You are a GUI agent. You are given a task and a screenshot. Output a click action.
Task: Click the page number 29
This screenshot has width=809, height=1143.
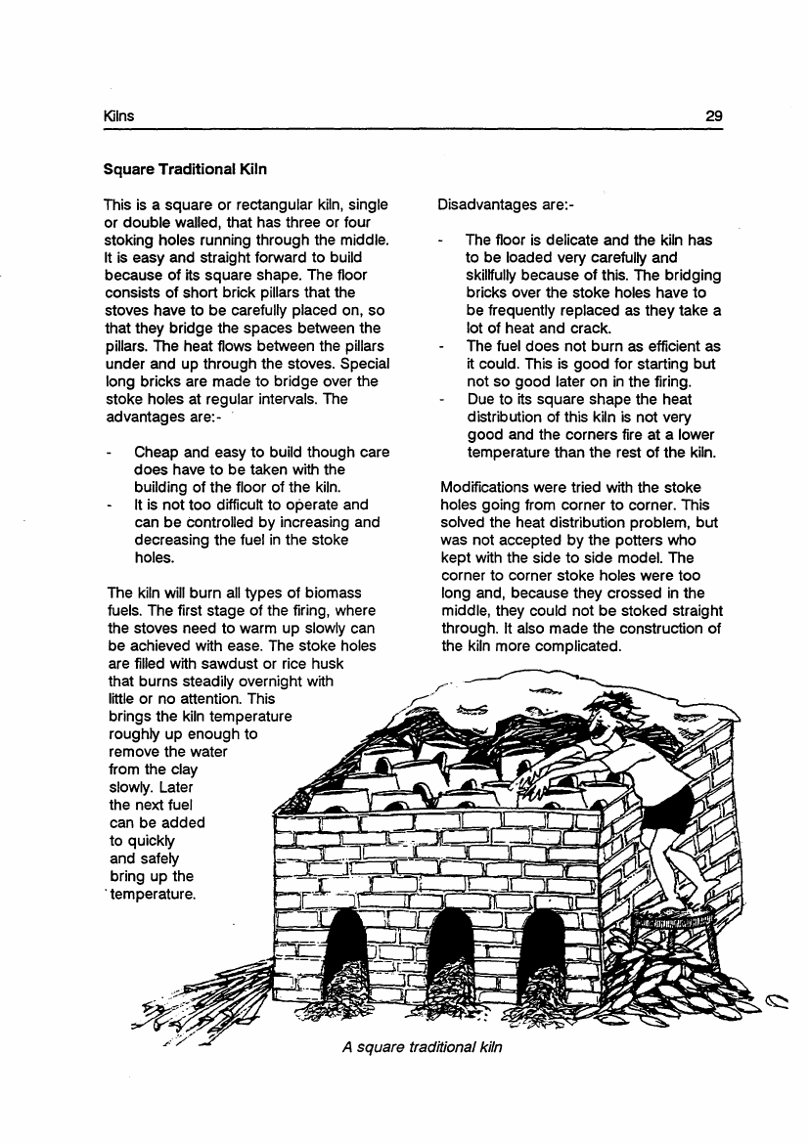pyautogui.click(x=713, y=116)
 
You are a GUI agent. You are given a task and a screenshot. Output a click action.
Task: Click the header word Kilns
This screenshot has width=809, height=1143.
pyautogui.click(x=118, y=116)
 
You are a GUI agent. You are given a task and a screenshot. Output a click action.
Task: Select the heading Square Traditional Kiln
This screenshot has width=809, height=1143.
pyautogui.click(x=186, y=168)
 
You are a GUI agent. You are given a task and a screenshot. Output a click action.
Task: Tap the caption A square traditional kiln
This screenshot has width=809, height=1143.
pyautogui.click(x=423, y=1046)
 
